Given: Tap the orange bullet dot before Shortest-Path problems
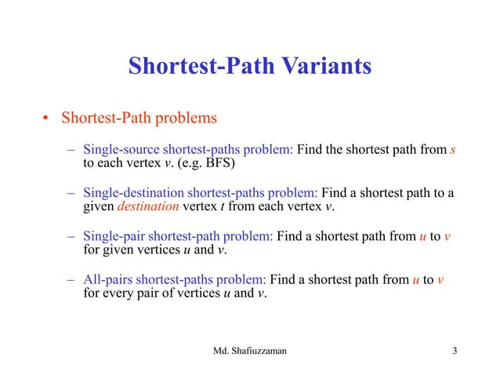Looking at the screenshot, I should [45, 120].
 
